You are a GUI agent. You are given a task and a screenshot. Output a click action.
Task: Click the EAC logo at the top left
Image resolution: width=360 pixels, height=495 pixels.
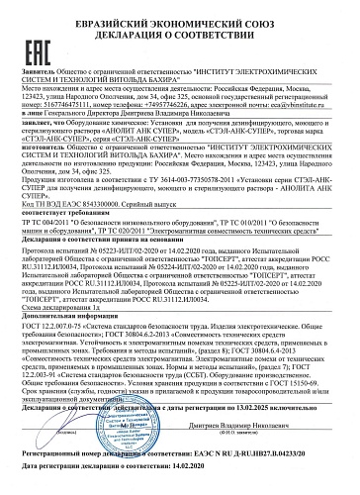pyautogui.click(x=37, y=29)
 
